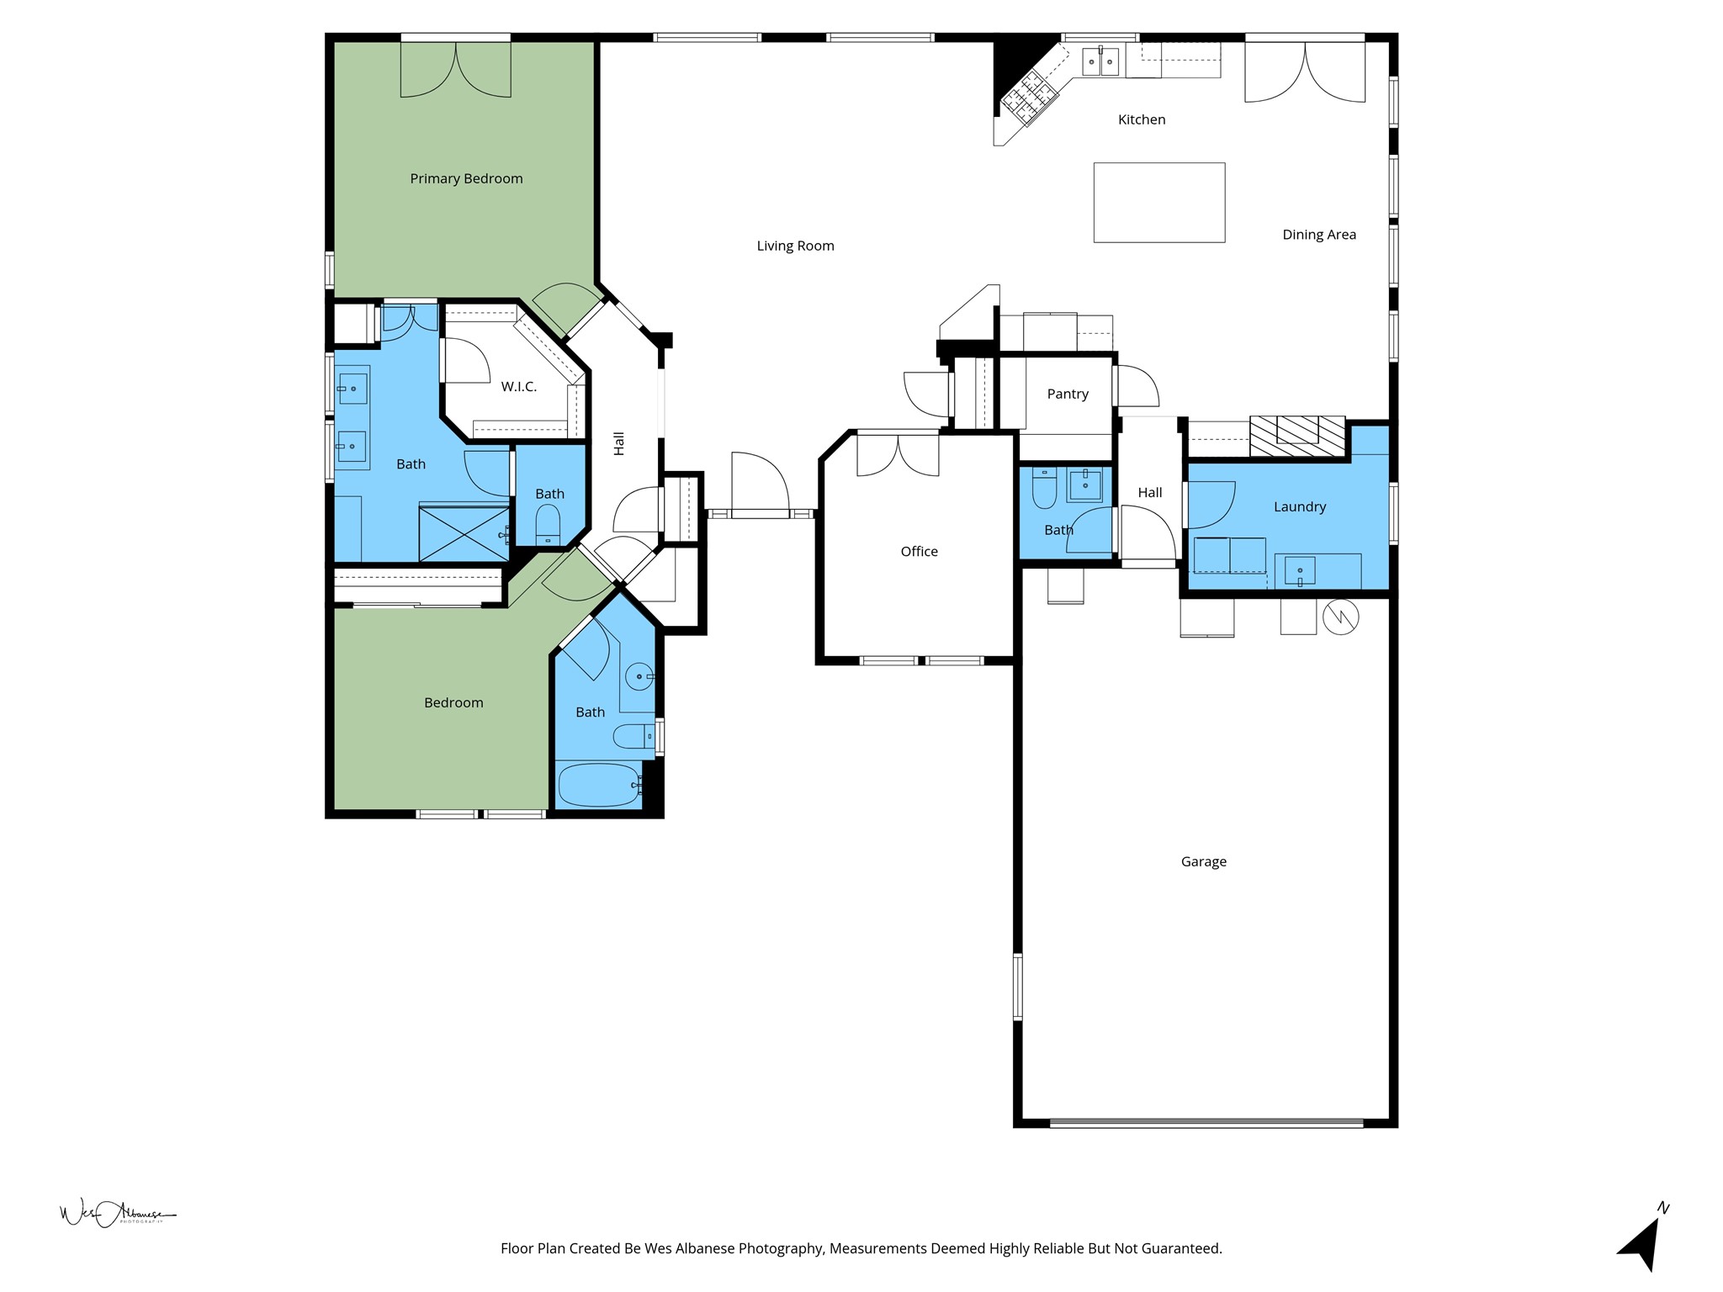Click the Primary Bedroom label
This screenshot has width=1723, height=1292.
pos(466,178)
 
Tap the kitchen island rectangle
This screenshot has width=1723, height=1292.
pos(1158,203)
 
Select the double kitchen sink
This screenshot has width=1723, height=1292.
pos(1100,61)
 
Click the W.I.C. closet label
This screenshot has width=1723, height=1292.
pos(518,387)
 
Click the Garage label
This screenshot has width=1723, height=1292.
pos(1203,861)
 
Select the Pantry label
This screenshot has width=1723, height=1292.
pos(1068,394)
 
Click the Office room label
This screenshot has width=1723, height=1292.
pos(919,552)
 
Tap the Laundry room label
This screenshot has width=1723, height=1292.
pos(1299,506)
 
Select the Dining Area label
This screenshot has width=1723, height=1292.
pos(1318,235)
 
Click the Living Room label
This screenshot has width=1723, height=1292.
pos(795,246)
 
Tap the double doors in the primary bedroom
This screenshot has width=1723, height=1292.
pos(455,70)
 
